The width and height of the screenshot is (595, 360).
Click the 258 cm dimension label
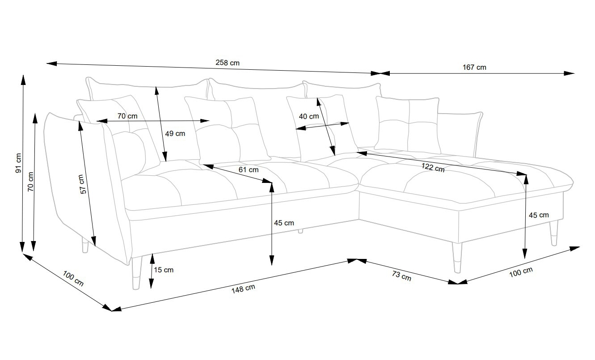[x=228, y=63]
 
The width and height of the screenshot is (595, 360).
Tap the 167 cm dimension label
[x=474, y=67]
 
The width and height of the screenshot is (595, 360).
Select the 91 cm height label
[x=18, y=163]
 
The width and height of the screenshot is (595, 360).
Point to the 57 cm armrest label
[x=83, y=184]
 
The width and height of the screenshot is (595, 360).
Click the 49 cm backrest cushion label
[x=175, y=133]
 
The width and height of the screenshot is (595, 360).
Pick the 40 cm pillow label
[x=308, y=116]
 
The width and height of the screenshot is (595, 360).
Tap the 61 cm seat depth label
[x=249, y=169]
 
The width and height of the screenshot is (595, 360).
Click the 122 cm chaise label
[x=433, y=168]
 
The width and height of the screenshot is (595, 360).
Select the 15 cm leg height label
[x=163, y=270]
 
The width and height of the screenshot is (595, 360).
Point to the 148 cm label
[x=243, y=289]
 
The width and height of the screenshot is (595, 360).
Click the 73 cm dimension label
[x=401, y=276]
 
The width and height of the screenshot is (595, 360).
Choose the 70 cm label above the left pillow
[x=127, y=116]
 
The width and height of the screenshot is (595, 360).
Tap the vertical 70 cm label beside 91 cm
[x=30, y=182]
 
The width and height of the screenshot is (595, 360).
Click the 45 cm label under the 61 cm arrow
[x=284, y=223]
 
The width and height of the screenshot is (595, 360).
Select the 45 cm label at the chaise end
[x=539, y=215]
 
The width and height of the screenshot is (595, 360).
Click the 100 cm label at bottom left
[x=73, y=279]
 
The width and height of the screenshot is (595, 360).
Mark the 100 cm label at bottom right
[x=521, y=272]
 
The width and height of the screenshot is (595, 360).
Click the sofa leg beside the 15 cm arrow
[x=136, y=273]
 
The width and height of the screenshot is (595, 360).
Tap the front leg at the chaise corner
[x=457, y=258]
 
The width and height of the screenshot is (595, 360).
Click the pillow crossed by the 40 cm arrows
[x=322, y=128]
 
